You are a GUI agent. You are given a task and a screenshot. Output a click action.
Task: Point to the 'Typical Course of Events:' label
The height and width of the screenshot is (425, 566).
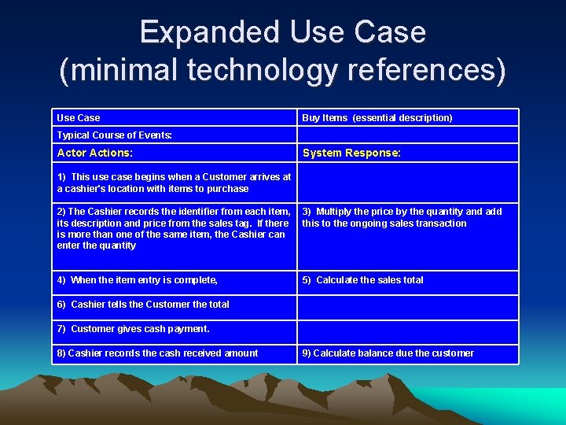pyautogui.click(x=114, y=135)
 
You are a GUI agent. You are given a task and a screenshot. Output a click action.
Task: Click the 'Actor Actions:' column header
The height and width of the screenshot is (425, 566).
pyautogui.click(x=94, y=153)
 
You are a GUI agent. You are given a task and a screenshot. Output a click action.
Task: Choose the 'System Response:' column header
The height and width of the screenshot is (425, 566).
pyautogui.click(x=351, y=153)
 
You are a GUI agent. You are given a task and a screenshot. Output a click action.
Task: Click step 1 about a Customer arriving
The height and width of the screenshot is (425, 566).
pyautogui.click(x=174, y=183)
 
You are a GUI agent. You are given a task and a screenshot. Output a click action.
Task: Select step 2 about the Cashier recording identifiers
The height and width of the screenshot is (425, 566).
pyautogui.click(x=174, y=228)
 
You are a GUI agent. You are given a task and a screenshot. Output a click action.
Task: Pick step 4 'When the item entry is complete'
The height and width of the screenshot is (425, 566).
pyautogui.click(x=137, y=280)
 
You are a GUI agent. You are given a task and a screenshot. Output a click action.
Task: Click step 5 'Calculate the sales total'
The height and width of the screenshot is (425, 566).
pyautogui.click(x=362, y=280)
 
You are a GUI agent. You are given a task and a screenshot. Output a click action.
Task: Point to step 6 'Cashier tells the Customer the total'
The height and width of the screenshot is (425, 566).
pyautogui.click(x=142, y=305)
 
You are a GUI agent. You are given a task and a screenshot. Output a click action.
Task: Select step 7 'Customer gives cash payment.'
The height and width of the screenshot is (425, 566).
pyautogui.click(x=133, y=329)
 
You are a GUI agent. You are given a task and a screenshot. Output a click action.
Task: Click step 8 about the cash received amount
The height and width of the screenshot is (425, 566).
pyautogui.click(x=157, y=353)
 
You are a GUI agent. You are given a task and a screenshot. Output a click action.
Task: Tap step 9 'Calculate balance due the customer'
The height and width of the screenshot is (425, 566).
pyautogui.click(x=388, y=353)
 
